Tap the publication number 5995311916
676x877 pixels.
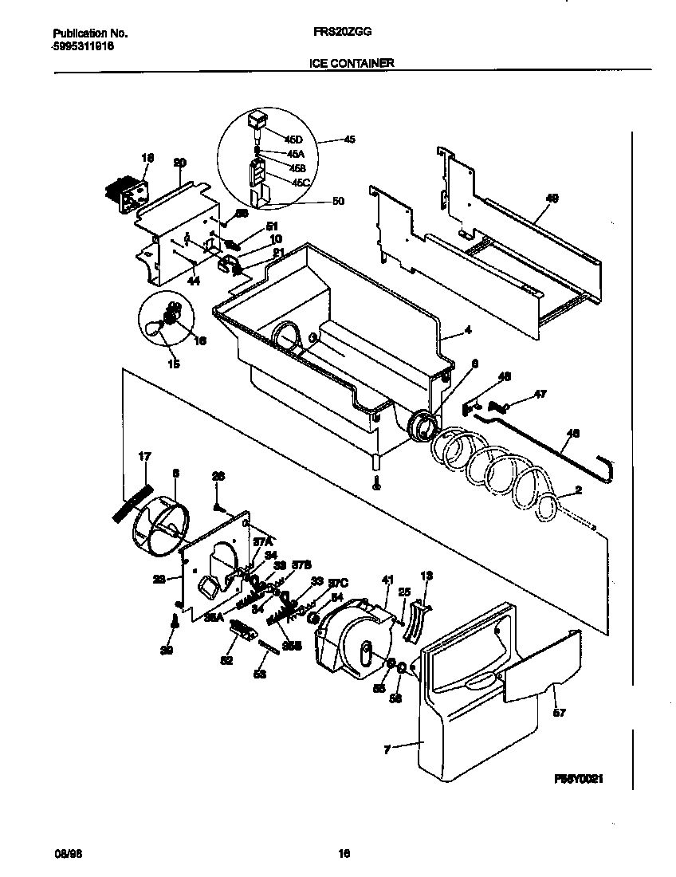(83, 46)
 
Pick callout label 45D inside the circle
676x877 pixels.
(273, 140)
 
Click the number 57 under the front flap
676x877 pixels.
(559, 713)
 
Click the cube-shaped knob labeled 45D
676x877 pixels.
(256, 120)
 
